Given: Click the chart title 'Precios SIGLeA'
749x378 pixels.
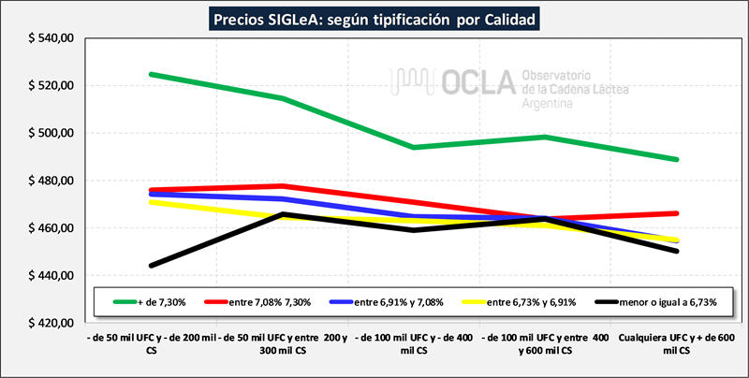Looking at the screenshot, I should (374, 18).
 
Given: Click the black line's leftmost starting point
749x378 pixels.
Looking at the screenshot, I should (152, 265).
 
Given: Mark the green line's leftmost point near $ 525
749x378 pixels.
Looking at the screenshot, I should (152, 74).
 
